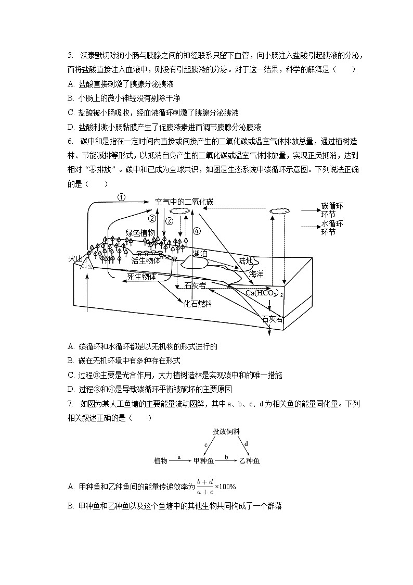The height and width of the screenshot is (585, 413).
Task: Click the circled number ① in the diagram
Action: point(121,197)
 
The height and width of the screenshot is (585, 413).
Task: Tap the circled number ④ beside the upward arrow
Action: point(196,231)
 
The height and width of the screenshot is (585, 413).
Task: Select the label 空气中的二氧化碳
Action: point(184,202)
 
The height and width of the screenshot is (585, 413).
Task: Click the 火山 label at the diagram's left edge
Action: point(76,258)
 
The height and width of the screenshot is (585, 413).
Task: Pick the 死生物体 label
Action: point(141,277)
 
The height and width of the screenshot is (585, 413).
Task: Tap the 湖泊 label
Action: point(200,254)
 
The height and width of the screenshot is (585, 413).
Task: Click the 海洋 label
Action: point(256,273)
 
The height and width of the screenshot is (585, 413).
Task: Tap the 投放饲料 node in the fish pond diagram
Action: point(226,431)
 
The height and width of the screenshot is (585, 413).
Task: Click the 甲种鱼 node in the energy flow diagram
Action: point(203,461)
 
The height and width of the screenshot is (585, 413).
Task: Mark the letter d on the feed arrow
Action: point(246,444)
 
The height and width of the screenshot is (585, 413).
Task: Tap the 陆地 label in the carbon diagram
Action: point(246,261)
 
